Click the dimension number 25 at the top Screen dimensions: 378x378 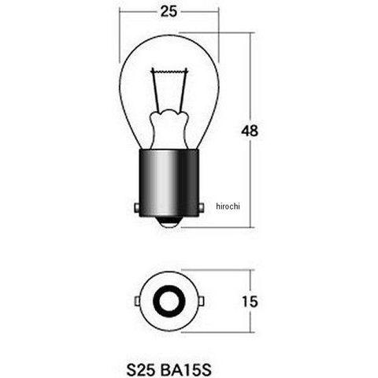point(169,12)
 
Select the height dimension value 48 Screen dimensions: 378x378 point(250,131)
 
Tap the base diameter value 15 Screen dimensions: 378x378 point(250,302)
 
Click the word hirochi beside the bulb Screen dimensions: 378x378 point(228,206)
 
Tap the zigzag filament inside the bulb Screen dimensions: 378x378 point(169,71)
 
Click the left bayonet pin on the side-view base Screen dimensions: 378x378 point(136,208)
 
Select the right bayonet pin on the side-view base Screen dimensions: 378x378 point(201,208)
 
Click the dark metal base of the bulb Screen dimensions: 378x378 point(169,183)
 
